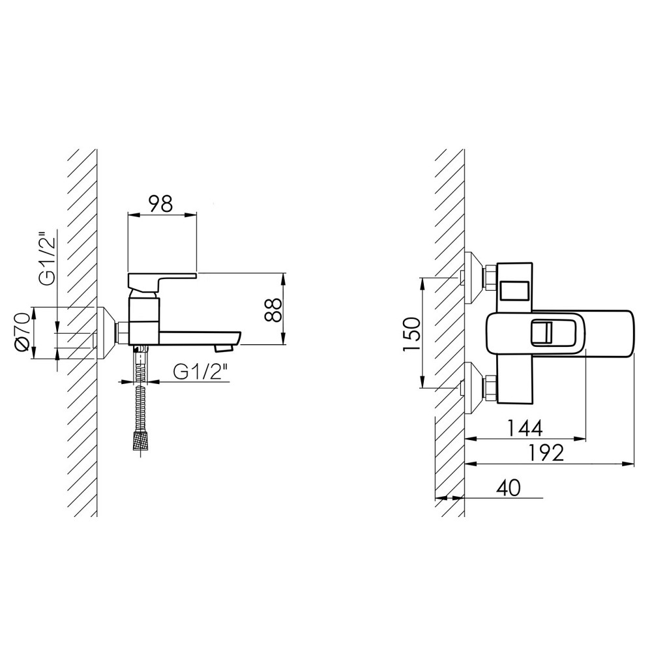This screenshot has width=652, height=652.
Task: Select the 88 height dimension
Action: (x=273, y=309)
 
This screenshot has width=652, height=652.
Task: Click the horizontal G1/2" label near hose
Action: (x=202, y=372)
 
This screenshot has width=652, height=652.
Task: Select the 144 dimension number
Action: (x=524, y=428)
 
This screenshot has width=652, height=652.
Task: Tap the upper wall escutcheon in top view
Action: (x=473, y=278)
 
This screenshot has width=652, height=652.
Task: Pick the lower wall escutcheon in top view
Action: (x=473, y=388)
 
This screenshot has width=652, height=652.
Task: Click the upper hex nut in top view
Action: (x=490, y=278)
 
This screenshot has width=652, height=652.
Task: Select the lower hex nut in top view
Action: (x=490, y=388)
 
